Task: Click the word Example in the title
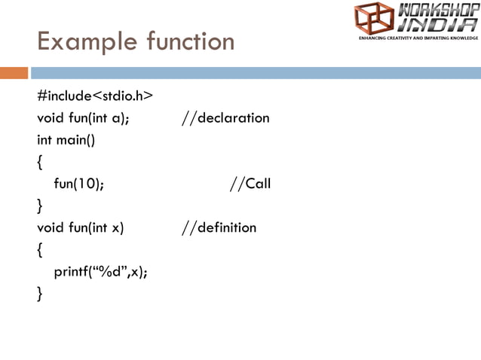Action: tap(79, 41)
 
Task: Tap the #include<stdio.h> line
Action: tap(95, 96)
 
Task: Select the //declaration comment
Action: tap(225, 118)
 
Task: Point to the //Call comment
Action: tap(250, 184)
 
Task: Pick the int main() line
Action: tap(67, 140)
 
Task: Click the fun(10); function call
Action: tap(79, 184)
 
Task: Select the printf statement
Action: tap(100, 272)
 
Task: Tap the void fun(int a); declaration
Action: tap(83, 118)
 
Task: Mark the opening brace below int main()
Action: tap(41, 162)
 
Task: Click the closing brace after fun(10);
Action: tap(41, 206)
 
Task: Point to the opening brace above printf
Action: tap(41, 250)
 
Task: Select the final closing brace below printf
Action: tap(41, 294)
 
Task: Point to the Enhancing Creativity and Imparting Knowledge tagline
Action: tap(418, 37)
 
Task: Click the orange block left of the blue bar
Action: tap(14, 73)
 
